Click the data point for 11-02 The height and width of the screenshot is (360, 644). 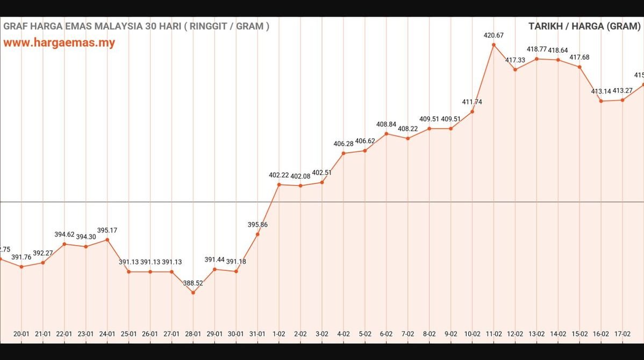pyautogui.click(x=493, y=45)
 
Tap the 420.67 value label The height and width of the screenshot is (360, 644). pyautogui.click(x=493, y=35)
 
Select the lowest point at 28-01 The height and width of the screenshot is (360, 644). pyautogui.click(x=193, y=292)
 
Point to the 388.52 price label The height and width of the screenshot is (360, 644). pyautogui.click(x=193, y=283)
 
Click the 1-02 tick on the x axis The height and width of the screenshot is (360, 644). pyautogui.click(x=279, y=334)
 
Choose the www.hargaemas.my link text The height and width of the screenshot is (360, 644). pyautogui.click(x=59, y=43)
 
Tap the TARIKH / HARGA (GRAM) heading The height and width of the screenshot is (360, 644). pyautogui.click(x=584, y=26)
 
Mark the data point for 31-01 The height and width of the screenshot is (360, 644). pyautogui.click(x=257, y=234)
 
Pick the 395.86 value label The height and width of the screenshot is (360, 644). pyautogui.click(x=257, y=225)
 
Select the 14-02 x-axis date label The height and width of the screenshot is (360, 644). pyautogui.click(x=558, y=334)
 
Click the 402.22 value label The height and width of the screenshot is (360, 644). pyautogui.click(x=279, y=175)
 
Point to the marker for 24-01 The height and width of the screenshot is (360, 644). pyautogui.click(x=107, y=240)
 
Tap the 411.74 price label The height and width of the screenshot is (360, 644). pyautogui.click(x=472, y=102)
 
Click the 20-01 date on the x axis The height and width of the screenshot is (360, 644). pyautogui.click(x=21, y=334)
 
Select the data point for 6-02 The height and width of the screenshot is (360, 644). pyautogui.click(x=386, y=133)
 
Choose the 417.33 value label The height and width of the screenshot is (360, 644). pyautogui.click(x=515, y=60)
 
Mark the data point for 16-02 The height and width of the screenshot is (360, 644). pyautogui.click(x=601, y=101)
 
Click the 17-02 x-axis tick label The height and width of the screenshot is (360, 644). pyautogui.click(x=622, y=334)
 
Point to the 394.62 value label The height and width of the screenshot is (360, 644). pyautogui.click(x=64, y=234)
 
